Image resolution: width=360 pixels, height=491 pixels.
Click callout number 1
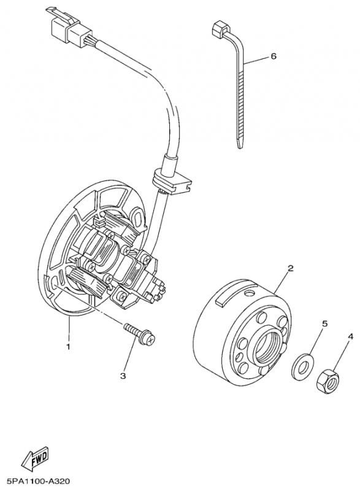tap(69, 346)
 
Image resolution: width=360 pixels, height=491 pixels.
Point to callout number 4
tap(350, 336)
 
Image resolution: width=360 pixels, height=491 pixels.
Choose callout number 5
tap(326, 323)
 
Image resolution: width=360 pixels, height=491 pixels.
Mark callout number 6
tap(274, 56)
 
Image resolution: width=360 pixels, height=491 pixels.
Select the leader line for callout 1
tap(69, 328)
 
